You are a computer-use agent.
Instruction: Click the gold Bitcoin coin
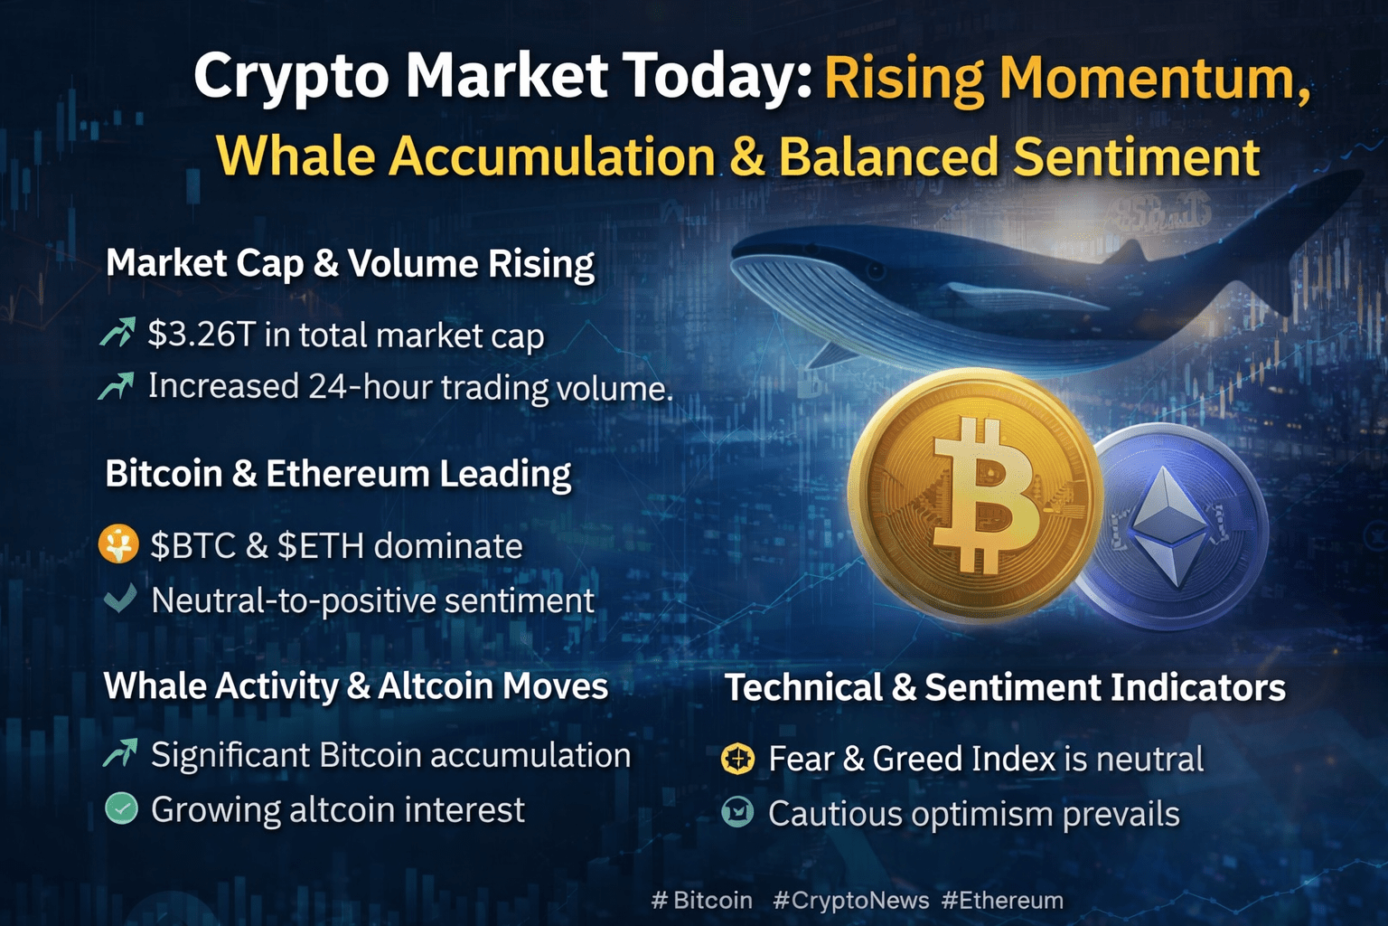tap(975, 496)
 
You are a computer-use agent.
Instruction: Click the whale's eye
tap(876, 270)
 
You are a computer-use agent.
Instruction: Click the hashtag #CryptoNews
tap(850, 900)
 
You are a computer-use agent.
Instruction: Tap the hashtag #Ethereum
tap(1002, 900)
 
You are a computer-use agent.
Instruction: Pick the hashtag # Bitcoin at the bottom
tap(702, 900)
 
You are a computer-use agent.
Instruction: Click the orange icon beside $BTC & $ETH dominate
tap(117, 544)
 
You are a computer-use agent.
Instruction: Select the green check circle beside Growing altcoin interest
tap(121, 808)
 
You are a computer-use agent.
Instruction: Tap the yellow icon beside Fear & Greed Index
tap(738, 759)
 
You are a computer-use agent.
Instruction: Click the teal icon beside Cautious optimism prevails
tap(738, 812)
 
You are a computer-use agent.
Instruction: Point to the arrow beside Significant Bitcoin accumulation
tap(120, 753)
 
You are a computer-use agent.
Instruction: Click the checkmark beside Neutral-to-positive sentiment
tap(120, 599)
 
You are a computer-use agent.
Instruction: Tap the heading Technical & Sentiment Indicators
tap(1005, 687)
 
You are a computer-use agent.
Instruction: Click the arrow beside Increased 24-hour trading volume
tap(116, 386)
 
